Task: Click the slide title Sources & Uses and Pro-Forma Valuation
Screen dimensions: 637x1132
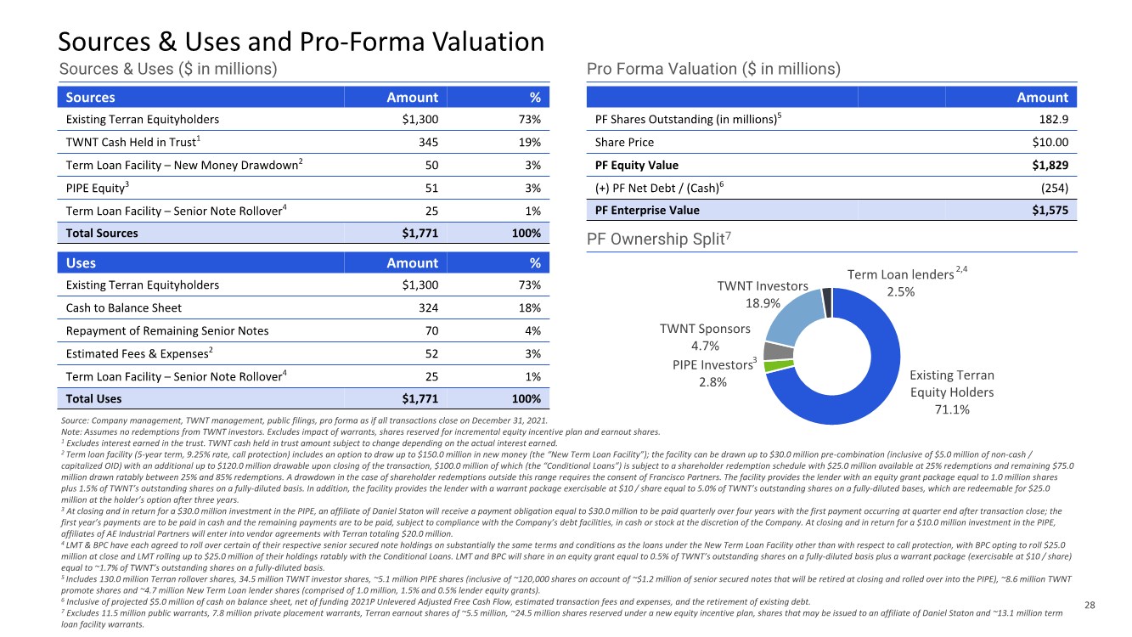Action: tap(301, 41)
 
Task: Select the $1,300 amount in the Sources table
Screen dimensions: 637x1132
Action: tap(420, 120)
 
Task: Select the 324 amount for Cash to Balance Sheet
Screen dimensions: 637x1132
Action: tap(427, 307)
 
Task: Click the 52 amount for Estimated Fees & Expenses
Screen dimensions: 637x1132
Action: tap(431, 353)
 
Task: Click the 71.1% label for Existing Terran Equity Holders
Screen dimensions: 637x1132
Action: tap(951, 409)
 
